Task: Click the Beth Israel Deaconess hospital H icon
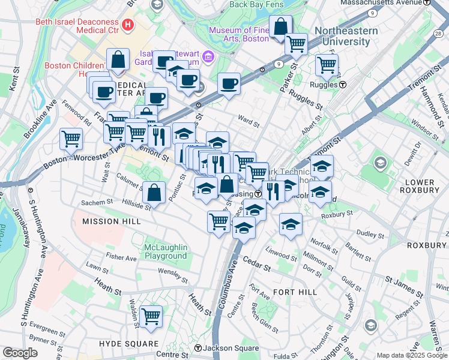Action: point(127,25)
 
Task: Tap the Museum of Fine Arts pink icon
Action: point(209,58)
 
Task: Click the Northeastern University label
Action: point(346,36)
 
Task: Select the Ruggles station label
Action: point(327,85)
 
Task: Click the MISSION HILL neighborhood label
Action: point(111,221)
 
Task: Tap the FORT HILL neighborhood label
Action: point(294,292)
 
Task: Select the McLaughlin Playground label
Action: point(166,251)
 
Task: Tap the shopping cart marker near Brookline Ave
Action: point(71,139)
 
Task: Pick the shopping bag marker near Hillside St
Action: point(154,193)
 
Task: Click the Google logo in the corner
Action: point(20,353)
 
